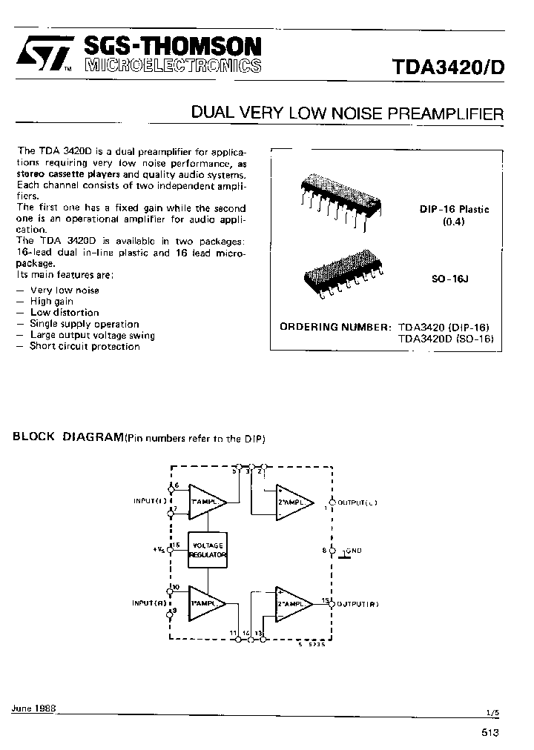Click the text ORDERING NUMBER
[334, 327]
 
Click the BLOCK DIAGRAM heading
[67, 437]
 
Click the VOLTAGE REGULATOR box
[208, 550]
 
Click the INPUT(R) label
[151, 603]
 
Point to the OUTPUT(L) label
[357, 502]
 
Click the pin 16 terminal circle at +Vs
[171, 549]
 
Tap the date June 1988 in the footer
[33, 708]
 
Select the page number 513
[489, 732]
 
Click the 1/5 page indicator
[493, 711]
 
